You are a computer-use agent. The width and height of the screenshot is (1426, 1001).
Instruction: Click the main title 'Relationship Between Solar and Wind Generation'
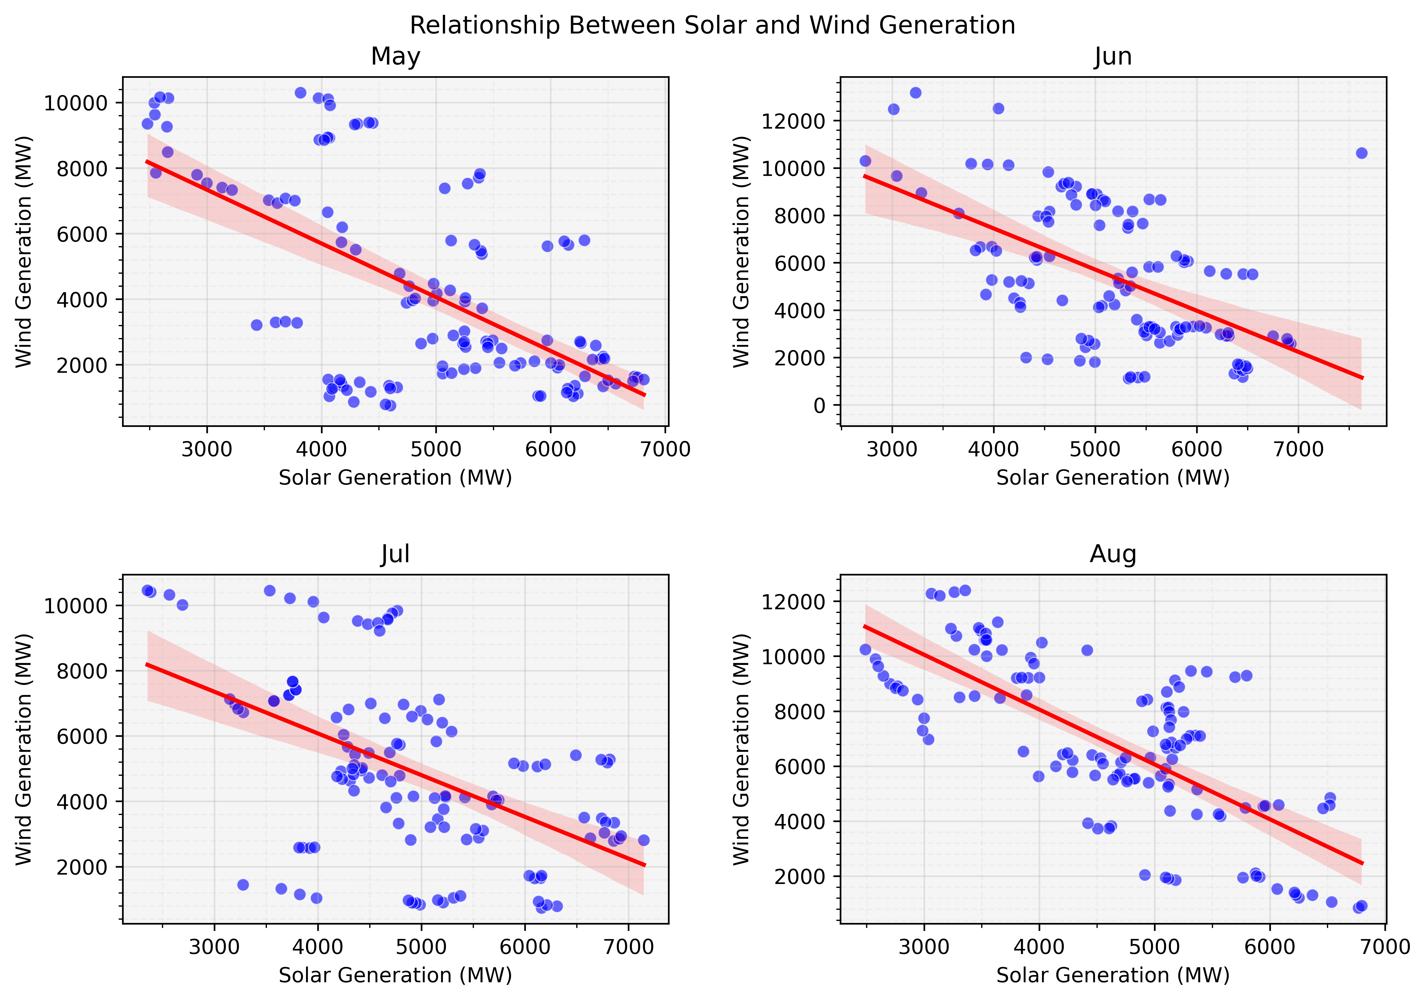(x=712, y=25)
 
